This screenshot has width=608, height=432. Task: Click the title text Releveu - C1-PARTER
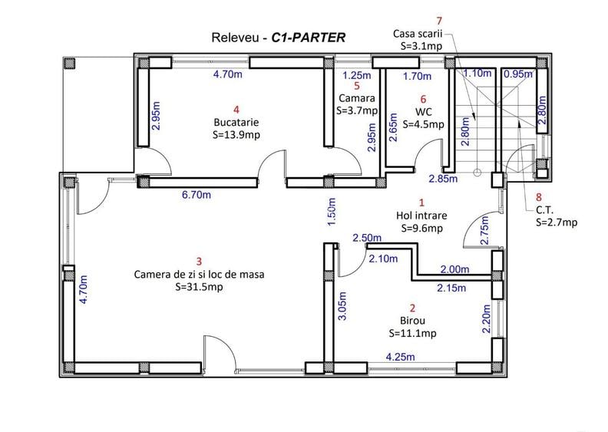277,36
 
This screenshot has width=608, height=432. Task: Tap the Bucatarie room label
236,121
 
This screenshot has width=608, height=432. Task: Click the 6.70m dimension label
197,195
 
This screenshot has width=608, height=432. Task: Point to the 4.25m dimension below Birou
400,358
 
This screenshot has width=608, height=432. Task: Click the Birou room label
412,320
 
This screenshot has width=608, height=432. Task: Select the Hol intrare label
421,216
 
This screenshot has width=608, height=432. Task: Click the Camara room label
357,99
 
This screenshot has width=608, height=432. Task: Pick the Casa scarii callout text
418,34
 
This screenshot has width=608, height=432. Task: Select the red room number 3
199,261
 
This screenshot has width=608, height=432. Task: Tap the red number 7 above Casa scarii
438,21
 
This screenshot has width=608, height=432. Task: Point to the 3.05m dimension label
342,316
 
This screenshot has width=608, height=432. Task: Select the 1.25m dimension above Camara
357,75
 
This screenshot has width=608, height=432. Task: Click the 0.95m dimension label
517,74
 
